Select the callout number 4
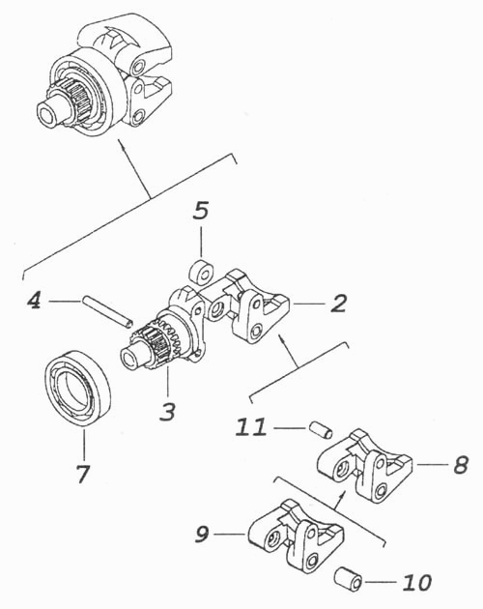tap(34, 300)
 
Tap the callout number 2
tap(338, 303)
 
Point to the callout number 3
tap(168, 411)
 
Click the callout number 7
tap(83, 473)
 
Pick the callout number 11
tap(251, 426)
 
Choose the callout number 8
tap(461, 465)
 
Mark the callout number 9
tap(202, 534)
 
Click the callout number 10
tap(417, 582)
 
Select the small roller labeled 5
tap(201, 271)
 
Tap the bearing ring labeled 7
tap(77, 389)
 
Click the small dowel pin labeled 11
tap(321, 431)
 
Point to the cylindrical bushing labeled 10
tap(349, 579)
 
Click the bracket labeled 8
tap(364, 465)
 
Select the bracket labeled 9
tap(295, 536)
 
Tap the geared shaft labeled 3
tap(163, 334)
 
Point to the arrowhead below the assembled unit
tap(123, 145)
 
